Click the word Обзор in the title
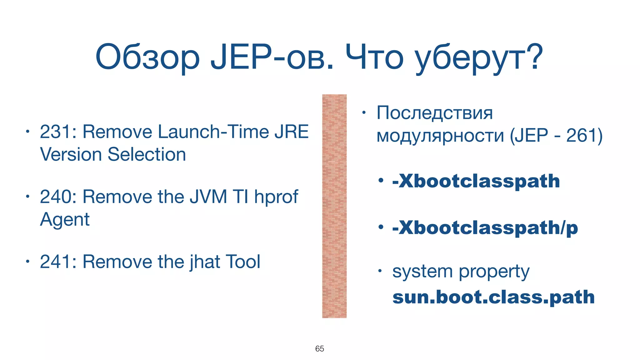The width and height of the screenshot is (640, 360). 147,58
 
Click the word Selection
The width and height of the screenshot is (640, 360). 147,154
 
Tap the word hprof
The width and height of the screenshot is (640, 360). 276,197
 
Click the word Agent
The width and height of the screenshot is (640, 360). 65,220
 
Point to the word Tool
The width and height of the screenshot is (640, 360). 242,262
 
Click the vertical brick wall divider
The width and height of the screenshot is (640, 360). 334,206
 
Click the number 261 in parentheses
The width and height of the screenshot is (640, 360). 580,136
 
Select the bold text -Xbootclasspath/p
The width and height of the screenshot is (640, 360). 485,228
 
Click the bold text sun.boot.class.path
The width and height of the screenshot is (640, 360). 493,297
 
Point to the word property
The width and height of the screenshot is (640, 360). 494,272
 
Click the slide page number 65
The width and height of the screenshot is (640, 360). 319,349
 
